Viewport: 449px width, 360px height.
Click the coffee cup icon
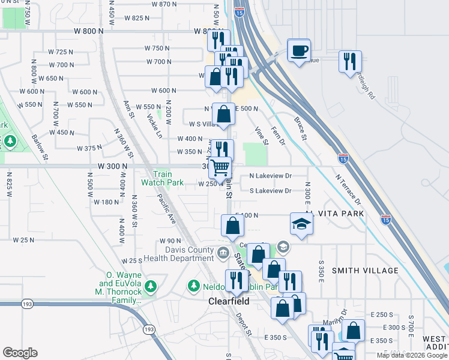299,50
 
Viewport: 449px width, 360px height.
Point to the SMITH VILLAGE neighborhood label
365,271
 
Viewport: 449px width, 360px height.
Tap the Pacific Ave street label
167,209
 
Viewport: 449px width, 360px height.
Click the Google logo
20,353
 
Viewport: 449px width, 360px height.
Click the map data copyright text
412,355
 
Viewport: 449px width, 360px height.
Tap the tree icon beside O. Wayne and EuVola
151,285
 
